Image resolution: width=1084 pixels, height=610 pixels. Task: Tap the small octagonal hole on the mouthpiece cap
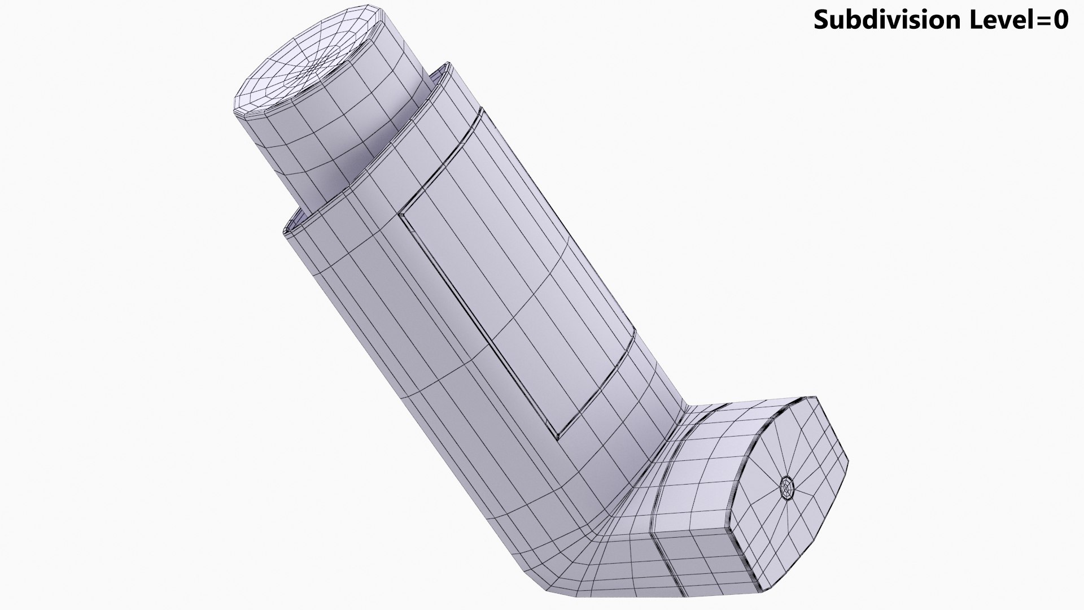[786, 486]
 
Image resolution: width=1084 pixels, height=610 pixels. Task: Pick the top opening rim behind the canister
[443, 71]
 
